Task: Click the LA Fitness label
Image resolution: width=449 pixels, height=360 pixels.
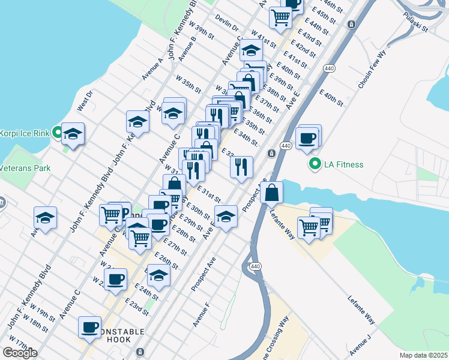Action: click(x=345, y=164)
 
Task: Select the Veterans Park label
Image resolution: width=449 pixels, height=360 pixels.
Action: click(x=25, y=169)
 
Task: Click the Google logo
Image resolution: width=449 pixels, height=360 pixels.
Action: click(x=20, y=352)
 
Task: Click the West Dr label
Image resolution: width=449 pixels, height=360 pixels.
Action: click(x=85, y=101)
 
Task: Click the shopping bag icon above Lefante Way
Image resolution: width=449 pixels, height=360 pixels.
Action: click(x=272, y=193)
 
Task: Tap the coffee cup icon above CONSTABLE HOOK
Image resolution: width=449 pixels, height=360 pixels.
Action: click(x=90, y=326)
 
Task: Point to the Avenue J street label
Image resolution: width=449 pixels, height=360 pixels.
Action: click(x=360, y=347)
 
